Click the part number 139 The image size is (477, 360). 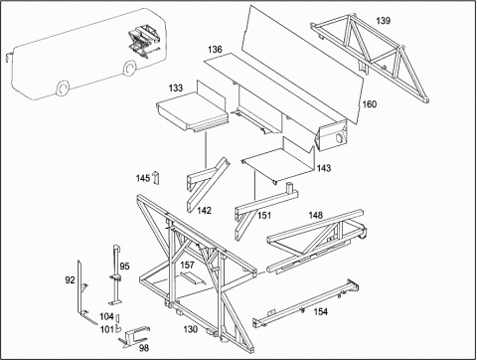pyautogui.click(x=383, y=21)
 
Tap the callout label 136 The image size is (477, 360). pyautogui.click(x=215, y=50)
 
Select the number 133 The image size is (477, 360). pyautogui.click(x=176, y=88)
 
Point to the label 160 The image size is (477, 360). pyautogui.click(x=370, y=104)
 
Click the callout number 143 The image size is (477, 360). pyautogui.click(x=324, y=168)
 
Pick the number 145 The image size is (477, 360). pyautogui.click(x=143, y=178)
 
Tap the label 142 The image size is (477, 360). pyautogui.click(x=204, y=210)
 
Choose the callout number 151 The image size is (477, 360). pyautogui.click(x=264, y=216)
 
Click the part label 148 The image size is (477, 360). pyautogui.click(x=315, y=215)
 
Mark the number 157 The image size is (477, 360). pyautogui.click(x=187, y=265)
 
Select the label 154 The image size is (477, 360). pyautogui.click(x=321, y=311)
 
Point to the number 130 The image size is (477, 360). pyautogui.click(x=191, y=329)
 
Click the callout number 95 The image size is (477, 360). pyautogui.click(x=125, y=267)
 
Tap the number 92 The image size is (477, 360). pyautogui.click(x=70, y=280)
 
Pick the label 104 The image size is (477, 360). pyautogui.click(x=106, y=316)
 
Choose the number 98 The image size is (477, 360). pyautogui.click(x=144, y=348)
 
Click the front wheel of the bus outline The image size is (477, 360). pyautogui.click(x=62, y=89)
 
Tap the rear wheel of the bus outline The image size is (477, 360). pyautogui.click(x=129, y=68)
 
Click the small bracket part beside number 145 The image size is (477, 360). pyautogui.click(x=155, y=177)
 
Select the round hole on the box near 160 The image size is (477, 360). pyautogui.click(x=339, y=137)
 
